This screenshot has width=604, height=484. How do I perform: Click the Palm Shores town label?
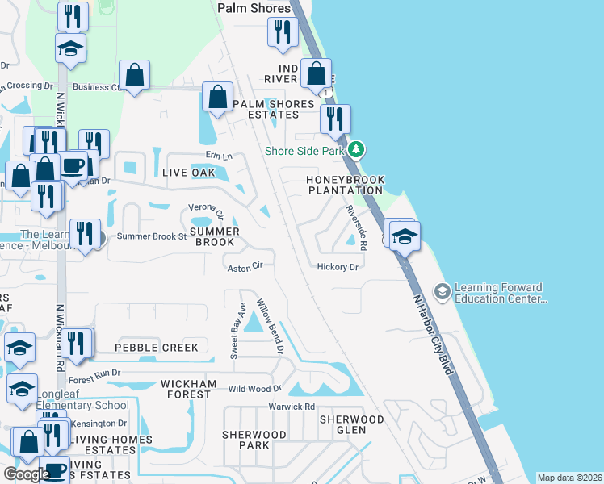point(254,8)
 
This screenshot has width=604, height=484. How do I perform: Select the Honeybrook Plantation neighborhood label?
point(346,185)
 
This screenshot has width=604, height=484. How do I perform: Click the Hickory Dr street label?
point(338,266)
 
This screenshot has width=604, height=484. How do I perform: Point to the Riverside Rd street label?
point(356,227)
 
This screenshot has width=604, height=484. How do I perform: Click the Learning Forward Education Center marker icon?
point(442,290)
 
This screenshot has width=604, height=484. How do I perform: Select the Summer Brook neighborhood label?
point(215,236)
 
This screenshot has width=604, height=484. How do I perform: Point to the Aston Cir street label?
point(245,266)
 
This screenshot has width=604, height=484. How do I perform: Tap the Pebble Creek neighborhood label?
point(156,348)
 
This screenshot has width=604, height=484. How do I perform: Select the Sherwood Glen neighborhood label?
point(351,424)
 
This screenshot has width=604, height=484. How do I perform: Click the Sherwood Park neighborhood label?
point(254,440)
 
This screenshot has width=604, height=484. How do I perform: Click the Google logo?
point(26,474)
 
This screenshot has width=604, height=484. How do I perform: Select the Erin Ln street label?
point(218,156)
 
